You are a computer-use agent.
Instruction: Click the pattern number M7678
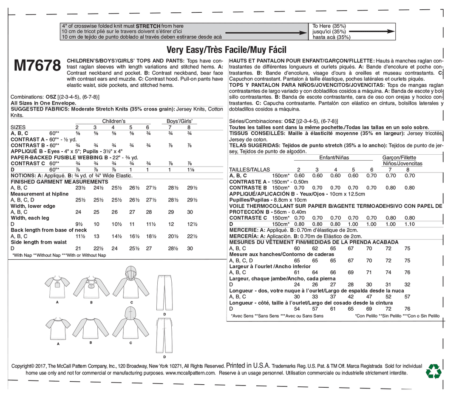click(37, 66)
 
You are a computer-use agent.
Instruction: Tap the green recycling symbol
click(434, 371)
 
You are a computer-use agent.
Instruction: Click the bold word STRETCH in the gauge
click(148, 26)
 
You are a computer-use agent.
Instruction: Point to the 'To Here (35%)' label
click(329, 26)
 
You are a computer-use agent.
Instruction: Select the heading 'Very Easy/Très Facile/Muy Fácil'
click(227, 50)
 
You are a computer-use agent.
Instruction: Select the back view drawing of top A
click(58, 329)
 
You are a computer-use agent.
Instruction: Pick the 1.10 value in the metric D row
click(409, 224)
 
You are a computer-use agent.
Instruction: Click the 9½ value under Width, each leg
click(78, 224)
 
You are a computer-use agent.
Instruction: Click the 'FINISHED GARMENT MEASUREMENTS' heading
click(53, 181)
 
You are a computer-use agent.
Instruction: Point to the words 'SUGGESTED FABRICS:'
click(37, 109)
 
